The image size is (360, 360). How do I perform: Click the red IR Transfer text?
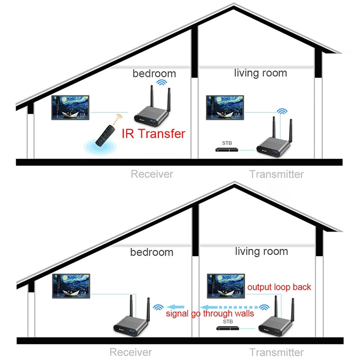(x=153, y=133)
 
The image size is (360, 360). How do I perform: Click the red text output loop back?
(x=279, y=287)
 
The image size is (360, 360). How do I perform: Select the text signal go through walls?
(x=210, y=314)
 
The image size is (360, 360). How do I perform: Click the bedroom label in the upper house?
(x=154, y=73)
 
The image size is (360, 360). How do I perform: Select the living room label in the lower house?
(x=261, y=251)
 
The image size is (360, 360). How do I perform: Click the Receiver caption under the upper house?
(x=152, y=174)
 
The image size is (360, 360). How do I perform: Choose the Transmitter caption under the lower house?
(x=276, y=352)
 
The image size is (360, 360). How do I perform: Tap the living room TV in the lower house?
(x=225, y=285)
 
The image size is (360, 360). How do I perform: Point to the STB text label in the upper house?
(x=228, y=143)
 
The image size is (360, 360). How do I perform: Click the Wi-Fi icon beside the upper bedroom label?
(x=161, y=83)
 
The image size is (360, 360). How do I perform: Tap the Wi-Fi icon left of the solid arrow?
(x=158, y=307)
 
